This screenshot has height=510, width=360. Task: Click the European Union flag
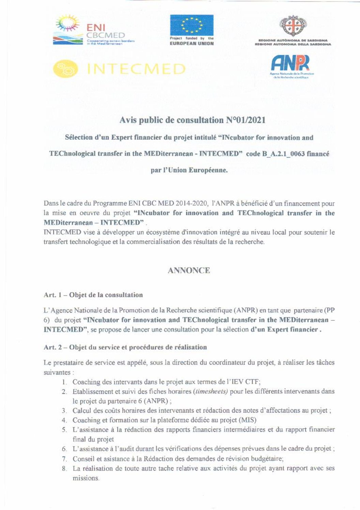(192, 25)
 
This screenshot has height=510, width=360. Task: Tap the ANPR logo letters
(290, 63)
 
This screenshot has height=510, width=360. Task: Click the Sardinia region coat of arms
(293, 26)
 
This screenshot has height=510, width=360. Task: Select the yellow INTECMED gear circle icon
(65, 69)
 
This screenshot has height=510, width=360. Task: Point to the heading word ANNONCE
(189, 271)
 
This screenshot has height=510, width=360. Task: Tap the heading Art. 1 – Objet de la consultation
(93, 295)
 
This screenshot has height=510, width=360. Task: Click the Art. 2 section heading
(125, 347)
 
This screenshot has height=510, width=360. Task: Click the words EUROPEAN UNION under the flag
(192, 44)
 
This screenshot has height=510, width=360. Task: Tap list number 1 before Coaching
(64, 382)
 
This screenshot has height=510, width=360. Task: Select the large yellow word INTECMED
(136, 69)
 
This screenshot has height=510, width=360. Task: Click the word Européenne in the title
(208, 170)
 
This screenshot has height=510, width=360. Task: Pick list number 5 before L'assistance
(64, 429)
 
